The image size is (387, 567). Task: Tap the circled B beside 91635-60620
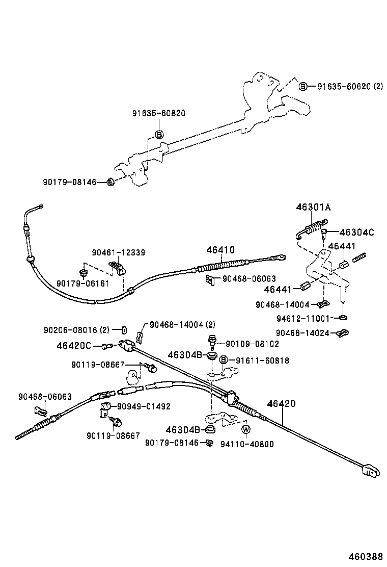302,87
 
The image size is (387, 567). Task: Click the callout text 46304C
356,233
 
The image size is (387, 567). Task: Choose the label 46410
220,250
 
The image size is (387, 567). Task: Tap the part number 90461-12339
119,252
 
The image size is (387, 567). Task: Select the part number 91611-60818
262,360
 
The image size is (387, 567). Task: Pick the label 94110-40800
246,444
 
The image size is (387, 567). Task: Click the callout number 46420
281,404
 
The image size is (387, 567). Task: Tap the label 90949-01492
144,406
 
